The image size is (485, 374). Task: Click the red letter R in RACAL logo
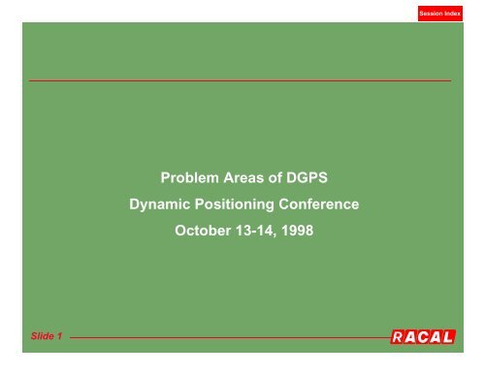pyautogui.click(x=400, y=337)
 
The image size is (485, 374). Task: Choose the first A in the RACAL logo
pyautogui.click(x=415, y=337)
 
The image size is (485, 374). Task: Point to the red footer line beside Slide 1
pyautogui.click(x=223, y=338)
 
